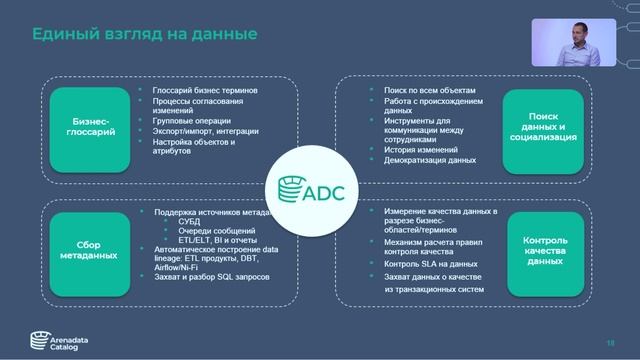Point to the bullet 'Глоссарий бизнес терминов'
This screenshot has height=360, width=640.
pyautogui.click(x=206, y=90)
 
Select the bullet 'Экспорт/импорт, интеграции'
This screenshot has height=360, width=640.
pyautogui.click(x=205, y=131)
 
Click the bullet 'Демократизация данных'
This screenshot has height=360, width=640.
pyautogui.click(x=430, y=160)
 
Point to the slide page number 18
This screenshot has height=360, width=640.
pyautogui.click(x=609, y=342)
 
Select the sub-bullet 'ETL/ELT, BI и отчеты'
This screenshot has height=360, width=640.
pyautogui.click(x=211, y=241)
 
